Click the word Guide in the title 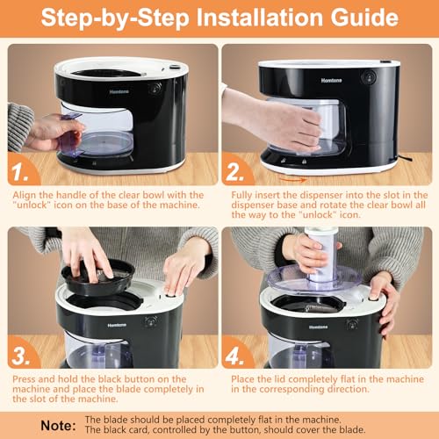point(364,18)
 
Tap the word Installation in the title point(260,18)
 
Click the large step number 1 point(20,172)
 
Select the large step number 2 point(234,172)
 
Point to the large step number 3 point(21,356)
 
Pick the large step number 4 point(234,356)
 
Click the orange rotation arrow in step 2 point(292,179)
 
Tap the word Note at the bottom point(58,425)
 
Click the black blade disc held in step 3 point(98,277)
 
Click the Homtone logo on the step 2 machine point(331,80)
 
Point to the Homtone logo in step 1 point(119,91)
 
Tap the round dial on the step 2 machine point(368,77)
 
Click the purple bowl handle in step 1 point(71,134)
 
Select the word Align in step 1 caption point(25,195)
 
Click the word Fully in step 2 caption point(241,195)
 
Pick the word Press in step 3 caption point(25,379)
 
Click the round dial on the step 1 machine point(155,88)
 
